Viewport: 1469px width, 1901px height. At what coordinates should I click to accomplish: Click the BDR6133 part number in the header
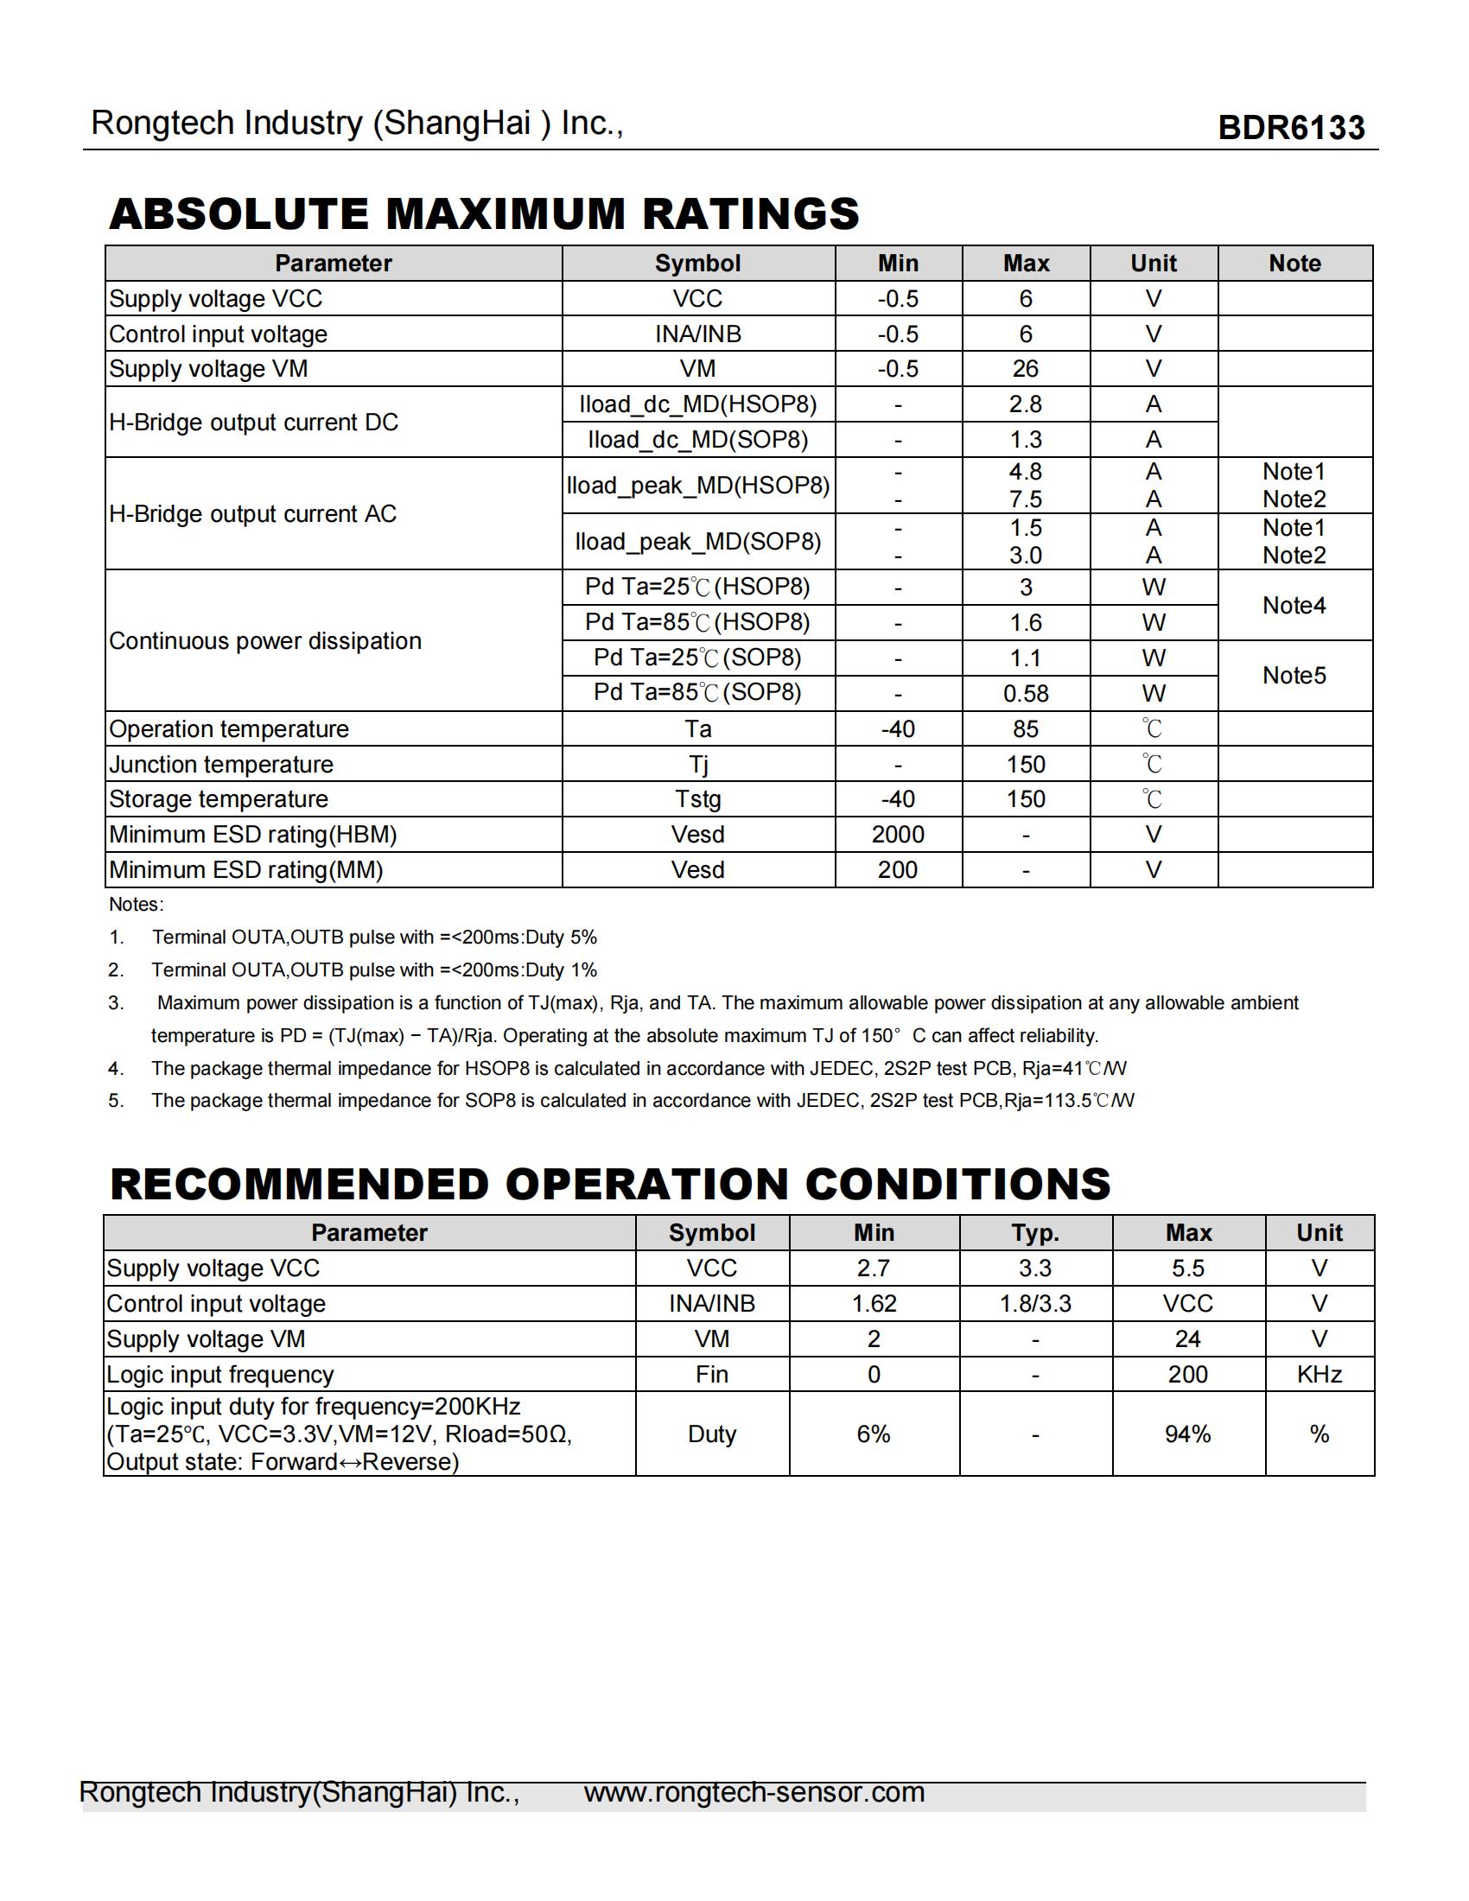pyautogui.click(x=1291, y=128)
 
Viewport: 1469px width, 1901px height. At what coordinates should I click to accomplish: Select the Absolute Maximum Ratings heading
pyautogui.click(x=484, y=214)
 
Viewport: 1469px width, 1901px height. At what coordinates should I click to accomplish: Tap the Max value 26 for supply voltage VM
pyautogui.click(x=1025, y=369)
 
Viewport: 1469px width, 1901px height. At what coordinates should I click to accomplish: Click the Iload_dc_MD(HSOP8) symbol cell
pyautogui.click(x=698, y=404)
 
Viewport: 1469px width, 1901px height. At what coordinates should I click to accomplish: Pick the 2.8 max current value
pyautogui.click(x=1025, y=404)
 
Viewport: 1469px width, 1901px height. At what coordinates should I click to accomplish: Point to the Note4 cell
pyautogui.click(x=1294, y=605)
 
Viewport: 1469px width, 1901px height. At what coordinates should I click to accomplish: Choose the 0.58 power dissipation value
pyautogui.click(x=1025, y=694)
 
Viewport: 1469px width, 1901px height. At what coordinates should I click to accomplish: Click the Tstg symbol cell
pyautogui.click(x=698, y=799)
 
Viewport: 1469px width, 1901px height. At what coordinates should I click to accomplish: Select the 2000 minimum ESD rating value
pyautogui.click(x=898, y=835)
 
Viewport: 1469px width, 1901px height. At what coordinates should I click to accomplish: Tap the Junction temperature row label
pyautogui.click(x=221, y=764)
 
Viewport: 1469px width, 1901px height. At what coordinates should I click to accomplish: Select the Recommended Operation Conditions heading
pyautogui.click(x=610, y=1184)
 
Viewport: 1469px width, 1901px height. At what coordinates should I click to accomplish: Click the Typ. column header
pyautogui.click(x=1034, y=1232)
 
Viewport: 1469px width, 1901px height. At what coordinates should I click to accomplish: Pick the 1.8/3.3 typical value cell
pyautogui.click(x=1034, y=1304)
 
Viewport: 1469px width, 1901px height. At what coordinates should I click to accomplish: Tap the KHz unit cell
pyautogui.click(x=1320, y=1375)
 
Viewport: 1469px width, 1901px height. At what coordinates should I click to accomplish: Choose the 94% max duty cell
pyautogui.click(x=1188, y=1434)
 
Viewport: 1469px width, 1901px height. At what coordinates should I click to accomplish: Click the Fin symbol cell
pyautogui.click(x=712, y=1375)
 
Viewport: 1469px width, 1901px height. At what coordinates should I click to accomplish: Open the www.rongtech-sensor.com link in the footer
pyautogui.click(x=754, y=1792)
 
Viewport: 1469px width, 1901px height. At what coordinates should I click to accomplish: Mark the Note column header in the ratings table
pyautogui.click(x=1294, y=264)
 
